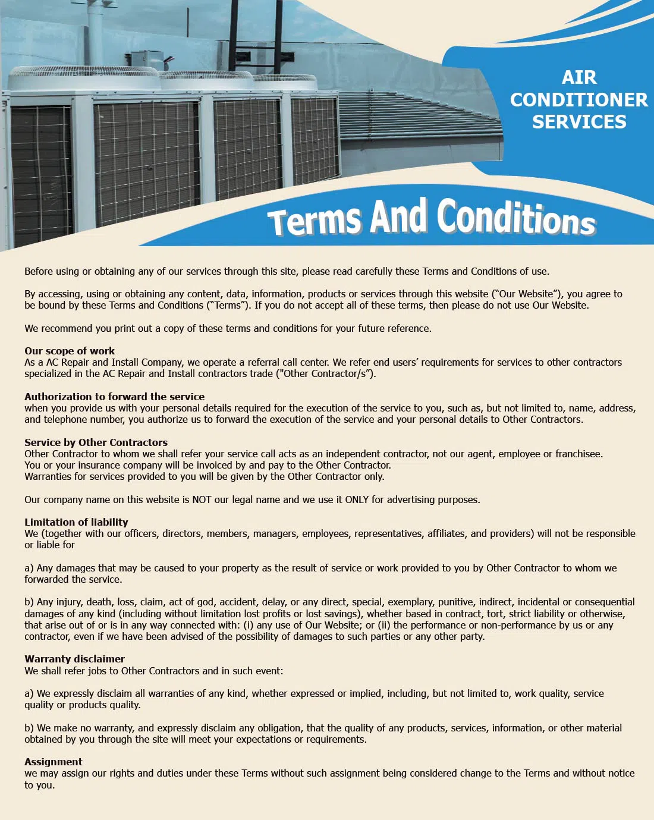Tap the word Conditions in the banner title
coord(516,218)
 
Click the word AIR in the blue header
coord(578,78)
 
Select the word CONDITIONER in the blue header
coord(578,100)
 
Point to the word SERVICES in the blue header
coord(578,122)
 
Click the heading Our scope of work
coord(70,351)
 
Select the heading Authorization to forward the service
coord(114,397)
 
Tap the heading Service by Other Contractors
coord(96,442)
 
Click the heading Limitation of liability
coord(76,522)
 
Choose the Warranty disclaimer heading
coord(74,659)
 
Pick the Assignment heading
coord(54,762)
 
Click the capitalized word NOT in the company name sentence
coord(202,499)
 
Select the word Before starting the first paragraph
coord(39,271)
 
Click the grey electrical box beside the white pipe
coord(146,59)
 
